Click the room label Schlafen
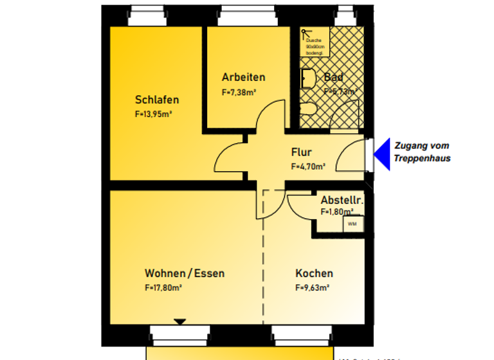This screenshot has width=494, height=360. (x=157, y=100)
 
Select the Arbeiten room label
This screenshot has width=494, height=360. (x=243, y=77)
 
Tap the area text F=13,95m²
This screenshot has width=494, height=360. (x=153, y=114)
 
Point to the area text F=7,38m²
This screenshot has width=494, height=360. (x=239, y=92)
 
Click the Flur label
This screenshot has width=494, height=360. (x=301, y=152)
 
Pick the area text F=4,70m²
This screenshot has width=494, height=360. (x=308, y=166)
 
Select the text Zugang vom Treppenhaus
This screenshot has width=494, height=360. (x=422, y=152)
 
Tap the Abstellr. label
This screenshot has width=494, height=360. (x=342, y=201)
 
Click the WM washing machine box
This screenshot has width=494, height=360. (x=352, y=224)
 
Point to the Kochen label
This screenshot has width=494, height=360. (x=314, y=273)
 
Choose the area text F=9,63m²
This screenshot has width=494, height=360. (x=313, y=287)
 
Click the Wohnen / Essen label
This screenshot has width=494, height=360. (x=185, y=273)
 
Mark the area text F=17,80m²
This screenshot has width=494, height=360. (x=163, y=287)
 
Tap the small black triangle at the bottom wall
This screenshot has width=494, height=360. (x=180, y=321)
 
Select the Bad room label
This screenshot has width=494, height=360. (x=333, y=78)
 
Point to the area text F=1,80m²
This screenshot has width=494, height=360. (x=337, y=212)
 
